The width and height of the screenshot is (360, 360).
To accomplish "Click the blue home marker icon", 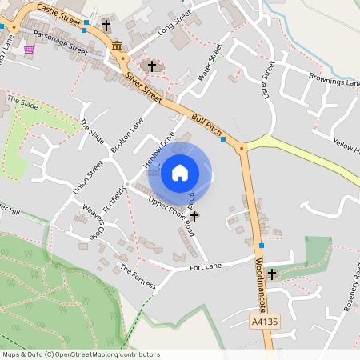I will [180, 172].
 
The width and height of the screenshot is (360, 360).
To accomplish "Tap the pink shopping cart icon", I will [30, 50].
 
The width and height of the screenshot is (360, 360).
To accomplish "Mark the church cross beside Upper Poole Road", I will [194, 216].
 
